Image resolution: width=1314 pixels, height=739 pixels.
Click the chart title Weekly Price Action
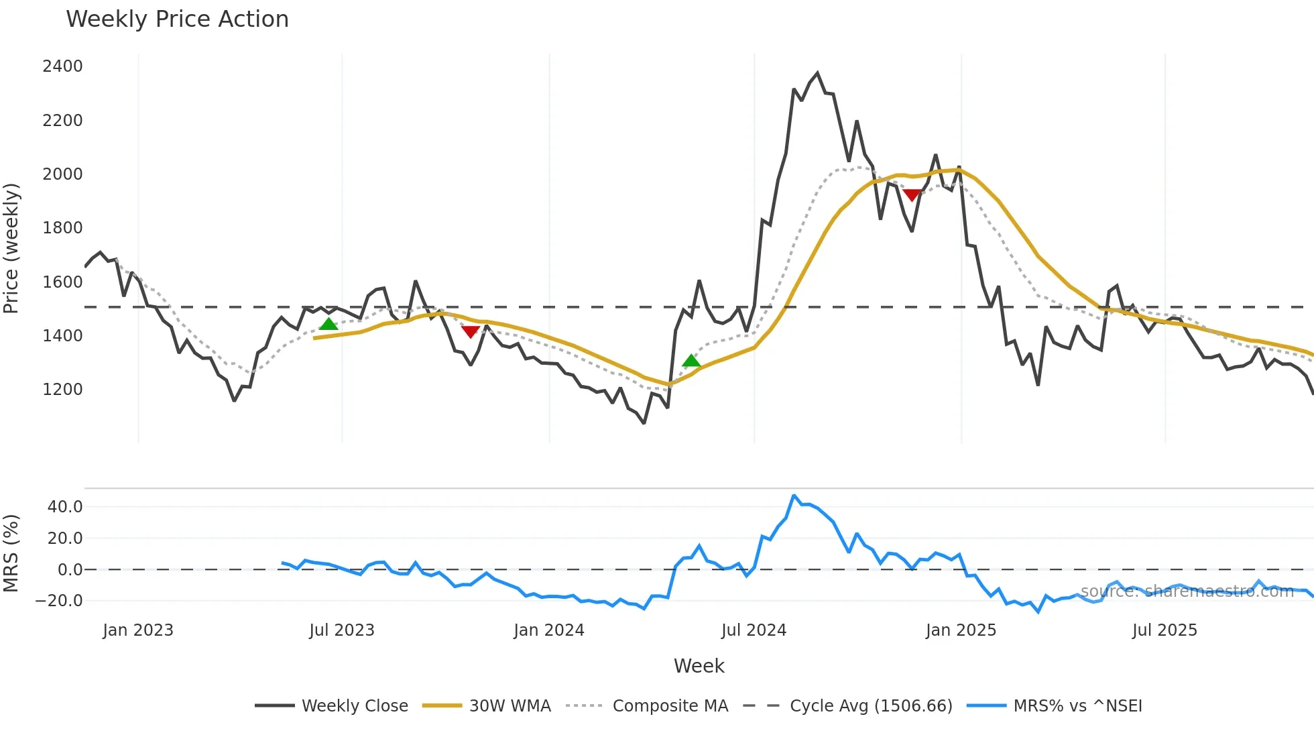(x=177, y=19)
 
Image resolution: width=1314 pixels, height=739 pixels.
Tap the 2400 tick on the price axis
(x=62, y=66)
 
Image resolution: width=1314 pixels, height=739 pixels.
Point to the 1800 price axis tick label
(x=62, y=228)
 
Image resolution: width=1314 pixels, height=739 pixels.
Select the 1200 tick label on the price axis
(x=62, y=390)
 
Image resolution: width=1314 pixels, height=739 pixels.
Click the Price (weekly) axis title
(x=11, y=248)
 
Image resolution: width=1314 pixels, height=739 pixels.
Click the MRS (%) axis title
(x=11, y=553)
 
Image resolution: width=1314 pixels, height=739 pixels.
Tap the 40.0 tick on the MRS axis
(x=65, y=507)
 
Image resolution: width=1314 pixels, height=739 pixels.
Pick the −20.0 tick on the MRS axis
(x=60, y=601)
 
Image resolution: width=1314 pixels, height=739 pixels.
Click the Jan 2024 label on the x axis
(x=549, y=630)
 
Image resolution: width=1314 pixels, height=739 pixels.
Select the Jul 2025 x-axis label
(x=1164, y=630)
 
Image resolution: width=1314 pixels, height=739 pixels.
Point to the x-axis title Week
(x=699, y=666)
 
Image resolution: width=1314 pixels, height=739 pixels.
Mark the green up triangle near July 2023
(x=328, y=325)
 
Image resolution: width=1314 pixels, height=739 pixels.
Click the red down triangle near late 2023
(x=471, y=331)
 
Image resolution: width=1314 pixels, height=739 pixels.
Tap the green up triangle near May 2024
(x=691, y=361)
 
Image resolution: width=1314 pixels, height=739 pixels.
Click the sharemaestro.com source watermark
(x=1187, y=591)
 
